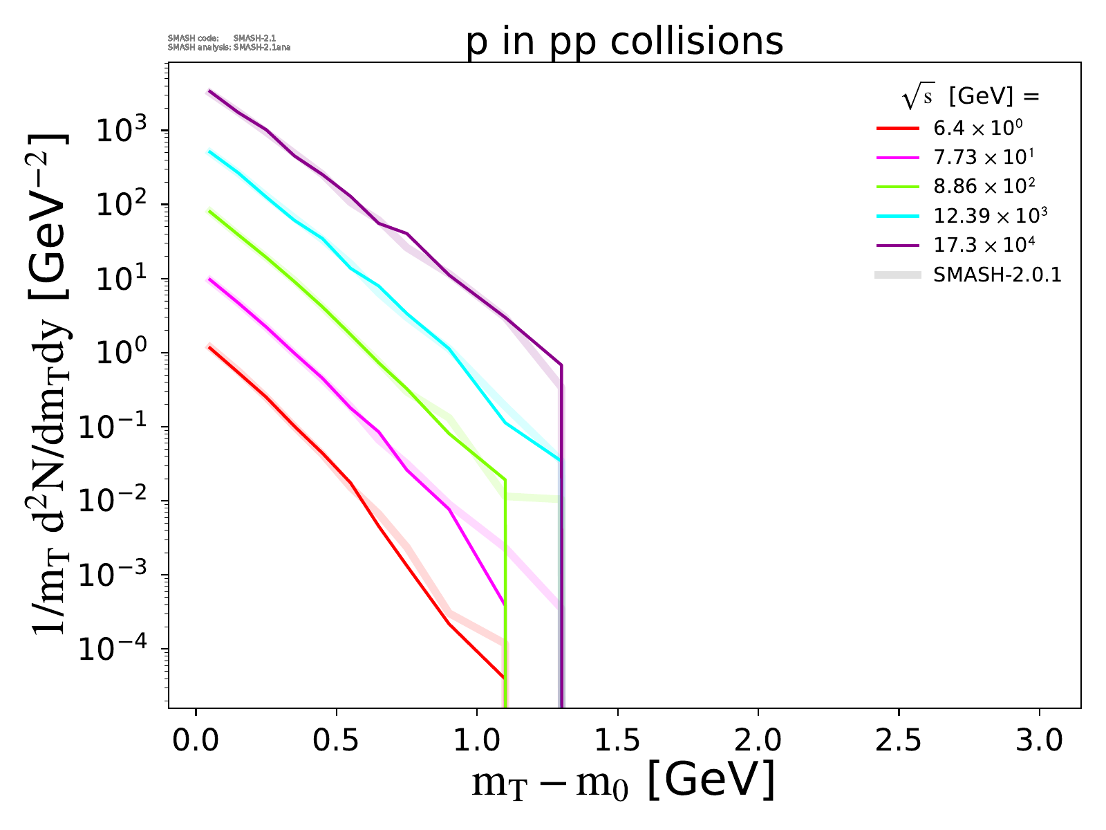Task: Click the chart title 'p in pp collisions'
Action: (625, 41)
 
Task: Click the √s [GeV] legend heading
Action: (971, 98)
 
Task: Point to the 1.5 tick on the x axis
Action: (617, 741)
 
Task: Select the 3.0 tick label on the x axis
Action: (1039, 741)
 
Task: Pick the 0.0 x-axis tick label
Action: (196, 741)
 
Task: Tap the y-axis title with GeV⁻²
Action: (48, 380)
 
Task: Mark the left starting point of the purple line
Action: (209, 91)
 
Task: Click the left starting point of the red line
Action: (209, 347)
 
